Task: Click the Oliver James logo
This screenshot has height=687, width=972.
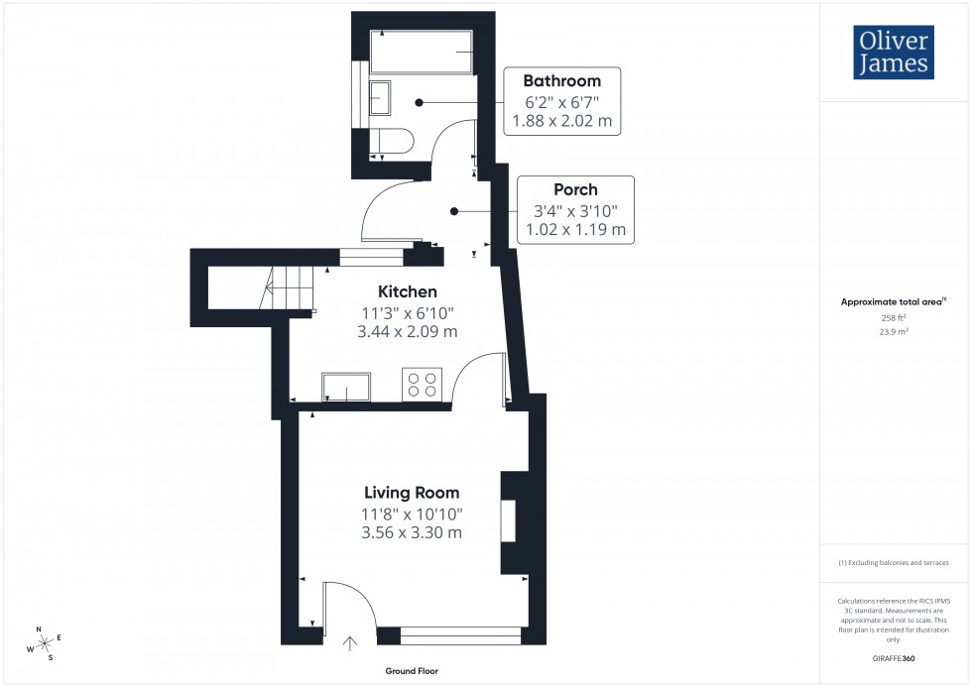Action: click(x=893, y=53)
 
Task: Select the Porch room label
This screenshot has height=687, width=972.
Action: click(x=575, y=189)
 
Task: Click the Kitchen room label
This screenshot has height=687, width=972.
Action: click(x=407, y=291)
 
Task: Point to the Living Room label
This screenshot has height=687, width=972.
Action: click(x=412, y=493)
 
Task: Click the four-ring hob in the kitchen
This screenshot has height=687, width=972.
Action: click(x=421, y=384)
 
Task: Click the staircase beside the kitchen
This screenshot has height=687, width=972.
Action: click(x=288, y=287)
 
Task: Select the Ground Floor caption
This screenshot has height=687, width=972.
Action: click(x=412, y=671)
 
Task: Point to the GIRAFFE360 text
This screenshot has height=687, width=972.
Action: click(x=894, y=657)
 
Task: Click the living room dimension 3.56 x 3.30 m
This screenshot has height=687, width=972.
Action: click(x=412, y=532)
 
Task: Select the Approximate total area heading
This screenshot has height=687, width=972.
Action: click(x=893, y=301)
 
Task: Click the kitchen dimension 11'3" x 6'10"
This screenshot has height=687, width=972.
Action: click(x=407, y=312)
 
